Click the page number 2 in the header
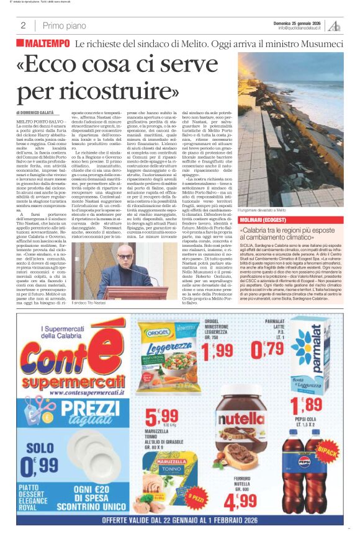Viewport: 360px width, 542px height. tap(23, 25)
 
